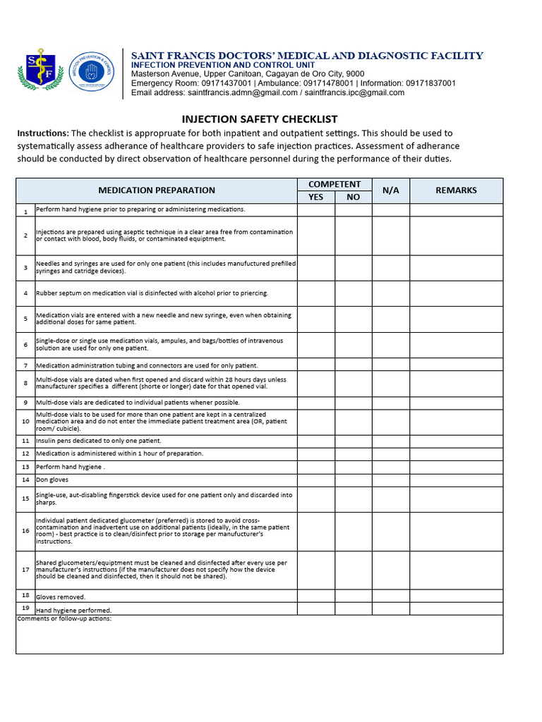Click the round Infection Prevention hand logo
[x=90, y=72]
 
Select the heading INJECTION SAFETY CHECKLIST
[x=260, y=119]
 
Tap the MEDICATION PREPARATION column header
[x=157, y=190]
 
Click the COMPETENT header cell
[x=335, y=184]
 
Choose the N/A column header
[x=391, y=190]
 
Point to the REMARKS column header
[x=456, y=190]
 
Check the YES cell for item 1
[x=315, y=210]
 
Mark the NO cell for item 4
[x=353, y=293]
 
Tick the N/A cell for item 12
[x=391, y=454]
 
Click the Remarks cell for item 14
[x=456, y=480]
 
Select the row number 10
[x=25, y=422]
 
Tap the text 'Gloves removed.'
[x=61, y=596]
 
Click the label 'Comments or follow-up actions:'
[x=64, y=619]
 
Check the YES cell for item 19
[x=315, y=608]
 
